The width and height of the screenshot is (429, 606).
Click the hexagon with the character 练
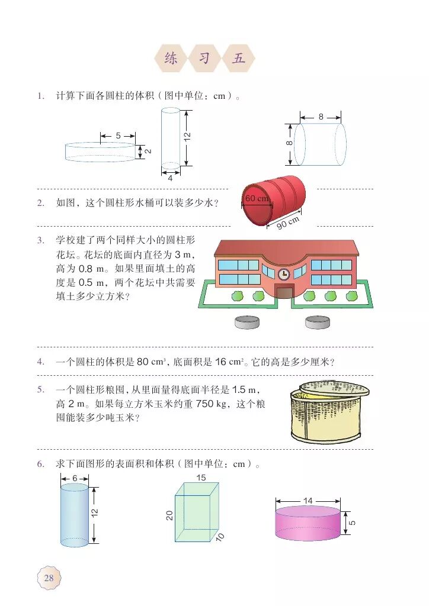pos(171,59)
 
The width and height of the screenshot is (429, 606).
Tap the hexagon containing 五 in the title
pos(238,59)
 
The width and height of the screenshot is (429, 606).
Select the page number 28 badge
pos(49,578)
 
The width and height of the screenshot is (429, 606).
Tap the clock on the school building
pos(284,273)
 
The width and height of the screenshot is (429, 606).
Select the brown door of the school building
pos(284,291)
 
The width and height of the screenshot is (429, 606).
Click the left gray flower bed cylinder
pos(247,322)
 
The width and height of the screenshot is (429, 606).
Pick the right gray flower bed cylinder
pos(318,322)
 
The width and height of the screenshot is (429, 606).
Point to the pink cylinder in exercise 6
pos(308,523)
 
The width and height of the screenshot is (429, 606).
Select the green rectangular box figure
pos(196,512)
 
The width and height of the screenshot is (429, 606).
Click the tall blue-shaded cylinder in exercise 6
pos(75,515)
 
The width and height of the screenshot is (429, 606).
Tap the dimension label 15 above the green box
pos(202,477)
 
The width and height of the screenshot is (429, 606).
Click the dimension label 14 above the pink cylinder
pos(308,501)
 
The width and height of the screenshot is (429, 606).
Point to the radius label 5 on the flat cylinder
pos(118,136)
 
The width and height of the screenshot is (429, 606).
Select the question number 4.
pos(40,362)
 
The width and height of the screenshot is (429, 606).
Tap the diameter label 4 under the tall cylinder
pos(171,178)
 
